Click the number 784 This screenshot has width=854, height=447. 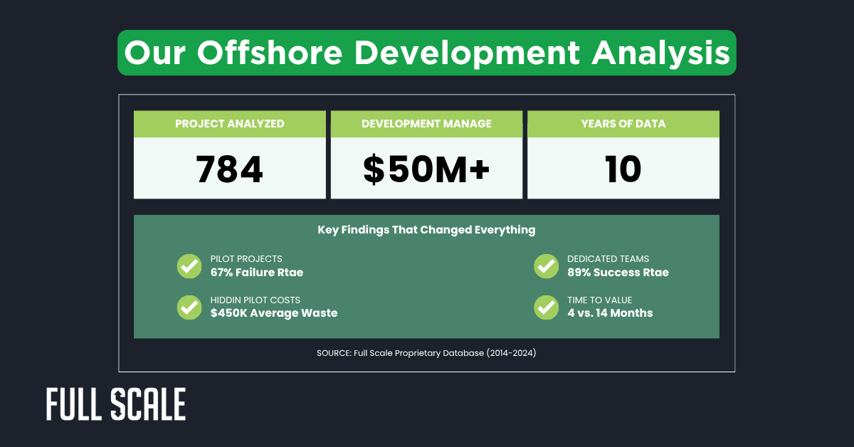(229, 169)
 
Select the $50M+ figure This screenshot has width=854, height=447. (426, 169)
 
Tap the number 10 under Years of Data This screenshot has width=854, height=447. (623, 169)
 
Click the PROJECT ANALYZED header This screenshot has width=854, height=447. (230, 124)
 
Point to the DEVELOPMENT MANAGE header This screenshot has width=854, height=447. (426, 124)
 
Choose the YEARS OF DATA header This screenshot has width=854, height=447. (623, 124)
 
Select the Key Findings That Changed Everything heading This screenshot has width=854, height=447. (426, 230)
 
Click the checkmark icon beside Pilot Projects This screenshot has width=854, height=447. (189, 266)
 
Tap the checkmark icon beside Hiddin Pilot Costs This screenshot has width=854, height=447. (189, 307)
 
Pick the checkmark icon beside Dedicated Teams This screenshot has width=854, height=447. (546, 266)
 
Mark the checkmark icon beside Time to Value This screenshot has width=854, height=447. (546, 307)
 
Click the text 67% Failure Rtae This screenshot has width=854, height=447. (257, 272)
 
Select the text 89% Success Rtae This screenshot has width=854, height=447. (618, 272)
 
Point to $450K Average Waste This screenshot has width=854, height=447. (274, 312)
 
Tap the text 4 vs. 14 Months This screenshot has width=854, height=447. (610, 312)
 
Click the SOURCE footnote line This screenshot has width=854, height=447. (426, 352)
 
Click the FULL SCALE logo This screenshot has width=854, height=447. (116, 404)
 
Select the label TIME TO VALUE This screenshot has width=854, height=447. (599, 300)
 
